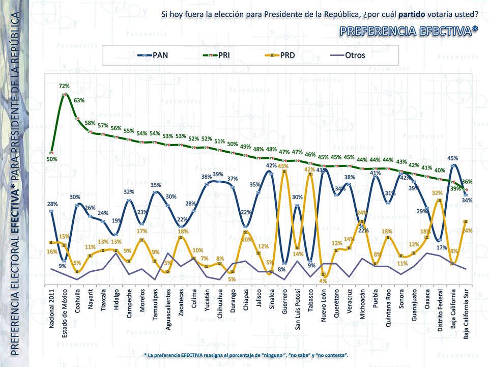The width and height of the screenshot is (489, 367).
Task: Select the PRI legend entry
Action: click(217, 55)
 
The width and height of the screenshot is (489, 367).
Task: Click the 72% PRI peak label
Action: click(64, 87)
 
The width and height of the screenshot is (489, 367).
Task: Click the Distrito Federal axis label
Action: click(440, 312)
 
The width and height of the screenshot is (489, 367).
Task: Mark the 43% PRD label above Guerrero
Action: click(283, 166)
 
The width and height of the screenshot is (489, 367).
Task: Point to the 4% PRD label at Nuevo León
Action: click(322, 280)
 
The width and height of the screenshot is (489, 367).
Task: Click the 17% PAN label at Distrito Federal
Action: click(442, 247)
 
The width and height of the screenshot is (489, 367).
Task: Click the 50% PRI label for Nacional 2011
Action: click(52, 159)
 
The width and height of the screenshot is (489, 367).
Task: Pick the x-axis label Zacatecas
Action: click(182, 305)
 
